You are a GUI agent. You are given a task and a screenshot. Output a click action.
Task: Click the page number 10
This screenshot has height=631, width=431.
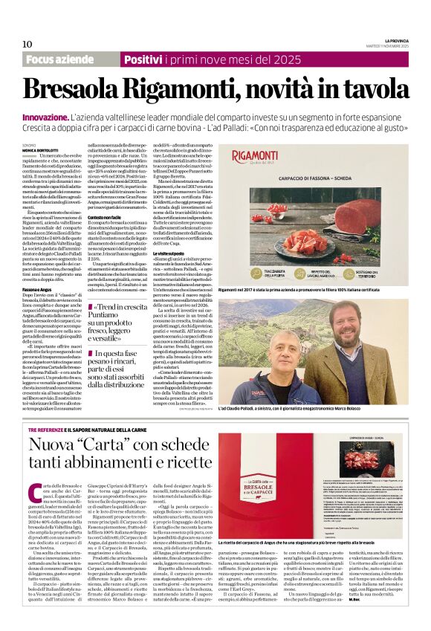(x=27, y=43)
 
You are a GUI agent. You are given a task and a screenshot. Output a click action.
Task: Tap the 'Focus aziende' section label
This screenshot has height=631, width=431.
(x=60, y=59)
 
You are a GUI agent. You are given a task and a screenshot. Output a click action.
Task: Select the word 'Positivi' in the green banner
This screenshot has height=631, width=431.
(x=149, y=59)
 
